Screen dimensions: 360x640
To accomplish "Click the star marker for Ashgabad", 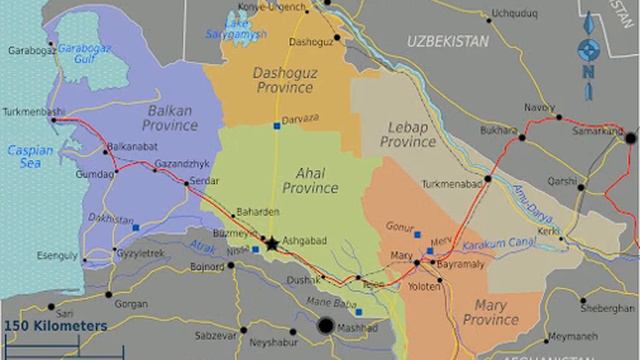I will tap(271, 242).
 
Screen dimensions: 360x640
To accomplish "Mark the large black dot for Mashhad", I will tap(325, 325).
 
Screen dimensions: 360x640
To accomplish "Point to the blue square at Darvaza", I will tap(276, 125).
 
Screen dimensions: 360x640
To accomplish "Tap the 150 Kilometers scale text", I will tap(55, 326).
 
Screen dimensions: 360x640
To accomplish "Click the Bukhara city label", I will tap(492, 129).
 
